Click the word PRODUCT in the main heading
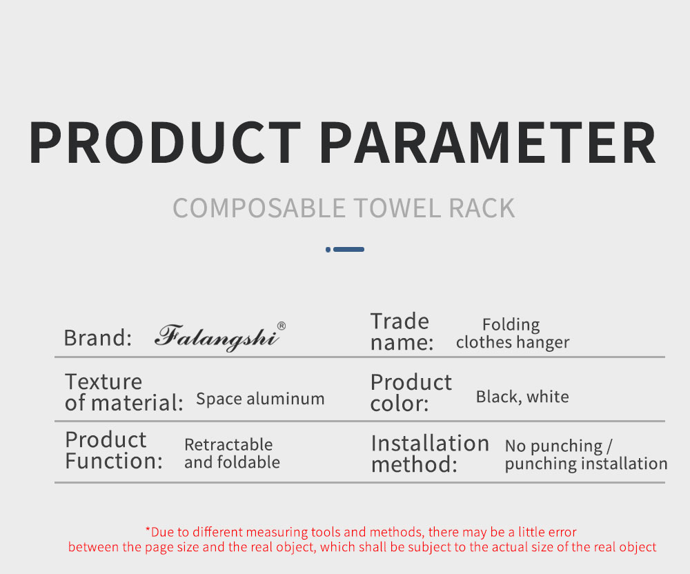click(165, 143)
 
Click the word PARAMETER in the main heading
click(488, 143)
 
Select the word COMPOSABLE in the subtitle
click(259, 208)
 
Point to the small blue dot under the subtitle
click(328, 249)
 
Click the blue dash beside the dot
click(348, 249)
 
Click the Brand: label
click(98, 338)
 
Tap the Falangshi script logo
click(217, 338)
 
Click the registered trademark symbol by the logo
click(282, 326)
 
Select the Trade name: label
click(402, 332)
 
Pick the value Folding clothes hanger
click(513, 333)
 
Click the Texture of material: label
click(124, 392)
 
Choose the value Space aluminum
click(260, 399)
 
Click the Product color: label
click(411, 393)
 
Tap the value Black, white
click(522, 397)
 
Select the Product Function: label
click(114, 450)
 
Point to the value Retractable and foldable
click(232, 453)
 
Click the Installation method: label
click(430, 453)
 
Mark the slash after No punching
click(609, 446)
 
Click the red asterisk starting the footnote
click(148, 529)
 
